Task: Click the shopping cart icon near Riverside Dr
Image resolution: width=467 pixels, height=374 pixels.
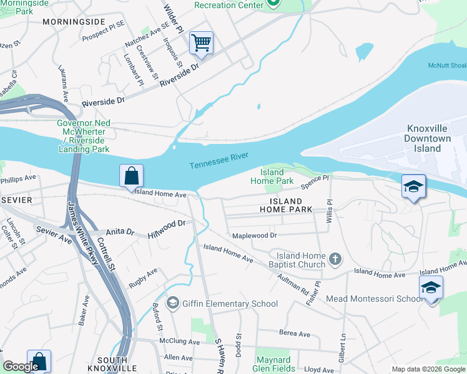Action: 201,43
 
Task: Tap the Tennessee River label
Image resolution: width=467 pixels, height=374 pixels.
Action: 219,160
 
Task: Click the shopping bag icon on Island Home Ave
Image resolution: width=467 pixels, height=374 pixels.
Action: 131,176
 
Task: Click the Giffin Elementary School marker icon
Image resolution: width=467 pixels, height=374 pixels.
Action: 173,304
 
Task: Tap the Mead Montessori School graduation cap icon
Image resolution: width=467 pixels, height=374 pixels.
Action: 431,288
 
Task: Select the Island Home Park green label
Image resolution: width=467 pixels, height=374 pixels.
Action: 272,176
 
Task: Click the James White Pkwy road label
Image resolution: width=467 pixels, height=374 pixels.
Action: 83,234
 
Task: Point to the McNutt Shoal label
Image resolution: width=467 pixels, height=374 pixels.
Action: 446,65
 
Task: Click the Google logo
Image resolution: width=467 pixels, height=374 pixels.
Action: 21,367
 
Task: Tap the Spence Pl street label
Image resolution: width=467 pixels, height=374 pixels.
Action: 315,182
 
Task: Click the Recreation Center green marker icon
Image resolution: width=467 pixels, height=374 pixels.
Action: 273,4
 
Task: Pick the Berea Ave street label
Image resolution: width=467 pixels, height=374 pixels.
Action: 295,334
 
